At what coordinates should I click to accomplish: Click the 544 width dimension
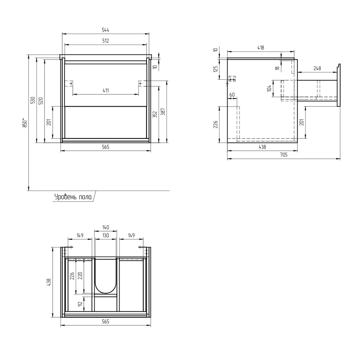(x=105, y=30)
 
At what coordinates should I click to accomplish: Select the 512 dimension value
(x=105, y=41)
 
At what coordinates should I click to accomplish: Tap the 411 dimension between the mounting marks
(x=105, y=90)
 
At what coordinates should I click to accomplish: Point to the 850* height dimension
(x=25, y=123)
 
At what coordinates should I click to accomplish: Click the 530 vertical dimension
(x=33, y=100)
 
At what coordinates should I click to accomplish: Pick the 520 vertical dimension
(x=41, y=101)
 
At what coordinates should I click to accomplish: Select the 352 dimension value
(x=155, y=114)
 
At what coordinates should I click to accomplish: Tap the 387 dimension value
(x=163, y=112)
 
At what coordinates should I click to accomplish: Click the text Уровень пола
(x=73, y=197)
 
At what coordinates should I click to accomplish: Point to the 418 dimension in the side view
(x=261, y=48)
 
